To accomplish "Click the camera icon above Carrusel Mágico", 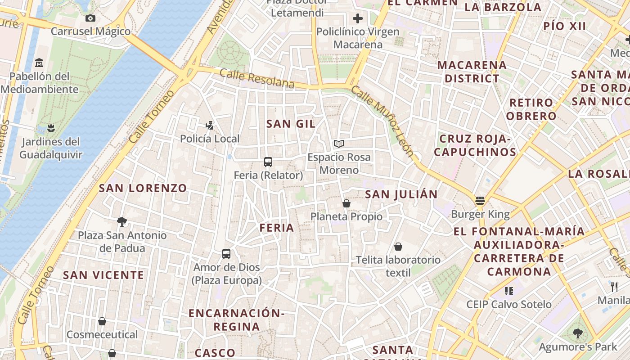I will (x=90, y=18).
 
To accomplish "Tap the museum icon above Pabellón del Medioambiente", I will (x=39, y=63).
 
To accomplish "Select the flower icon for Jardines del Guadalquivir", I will (x=51, y=128).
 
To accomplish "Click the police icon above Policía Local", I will (x=209, y=125).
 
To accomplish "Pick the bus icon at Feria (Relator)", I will (x=268, y=162).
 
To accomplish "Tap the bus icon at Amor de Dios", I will (x=226, y=254).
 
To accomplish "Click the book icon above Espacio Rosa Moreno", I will (x=339, y=144).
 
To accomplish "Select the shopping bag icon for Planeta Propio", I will (x=346, y=203).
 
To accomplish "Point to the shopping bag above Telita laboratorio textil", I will (x=398, y=247).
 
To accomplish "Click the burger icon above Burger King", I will (x=480, y=201).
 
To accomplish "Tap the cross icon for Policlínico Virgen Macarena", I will (x=358, y=18).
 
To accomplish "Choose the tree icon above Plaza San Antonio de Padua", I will (x=121, y=221).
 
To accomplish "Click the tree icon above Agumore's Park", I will (x=578, y=333).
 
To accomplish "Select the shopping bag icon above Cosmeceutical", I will (x=102, y=321).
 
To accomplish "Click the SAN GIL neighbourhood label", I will (x=291, y=124).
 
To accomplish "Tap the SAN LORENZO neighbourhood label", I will (x=143, y=188).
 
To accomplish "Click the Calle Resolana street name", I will (x=257, y=79).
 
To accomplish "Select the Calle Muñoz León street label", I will (x=382, y=121).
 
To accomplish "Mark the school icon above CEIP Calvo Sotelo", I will (x=509, y=291).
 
